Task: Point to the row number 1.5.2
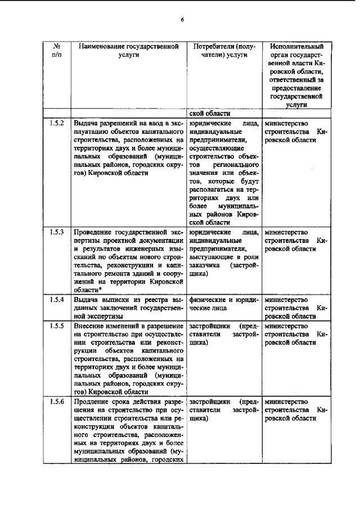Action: click(57, 123)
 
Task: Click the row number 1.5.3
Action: click(57, 232)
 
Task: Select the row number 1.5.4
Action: click(57, 300)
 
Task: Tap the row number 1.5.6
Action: click(57, 402)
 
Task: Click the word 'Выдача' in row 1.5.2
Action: click(85, 123)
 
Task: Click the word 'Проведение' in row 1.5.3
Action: click(93, 232)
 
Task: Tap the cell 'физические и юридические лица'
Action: click(224, 304)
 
